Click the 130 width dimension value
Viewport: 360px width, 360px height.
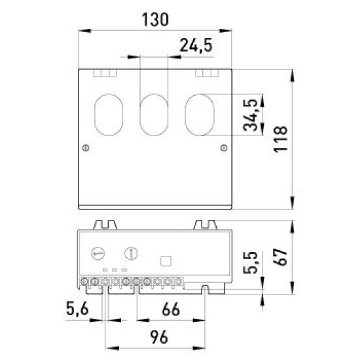155,19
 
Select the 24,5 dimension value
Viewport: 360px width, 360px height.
196,45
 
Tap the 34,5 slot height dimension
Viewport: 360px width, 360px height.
250,115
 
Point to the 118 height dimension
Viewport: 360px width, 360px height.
281,139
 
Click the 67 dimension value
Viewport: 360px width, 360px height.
281,257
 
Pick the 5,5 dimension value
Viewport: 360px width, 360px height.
250,262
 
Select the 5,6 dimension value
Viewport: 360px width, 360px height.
77,308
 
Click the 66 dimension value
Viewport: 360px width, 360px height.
171,309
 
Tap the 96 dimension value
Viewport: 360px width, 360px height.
159,337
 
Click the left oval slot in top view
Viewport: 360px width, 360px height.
109,115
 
